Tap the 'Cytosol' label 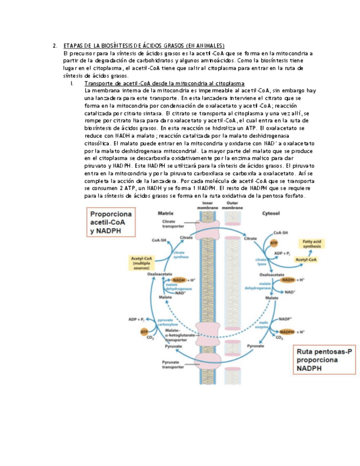point(286,212)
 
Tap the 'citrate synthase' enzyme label point(183,254)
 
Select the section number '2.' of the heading point(55,46)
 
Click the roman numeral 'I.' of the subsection point(73,82)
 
